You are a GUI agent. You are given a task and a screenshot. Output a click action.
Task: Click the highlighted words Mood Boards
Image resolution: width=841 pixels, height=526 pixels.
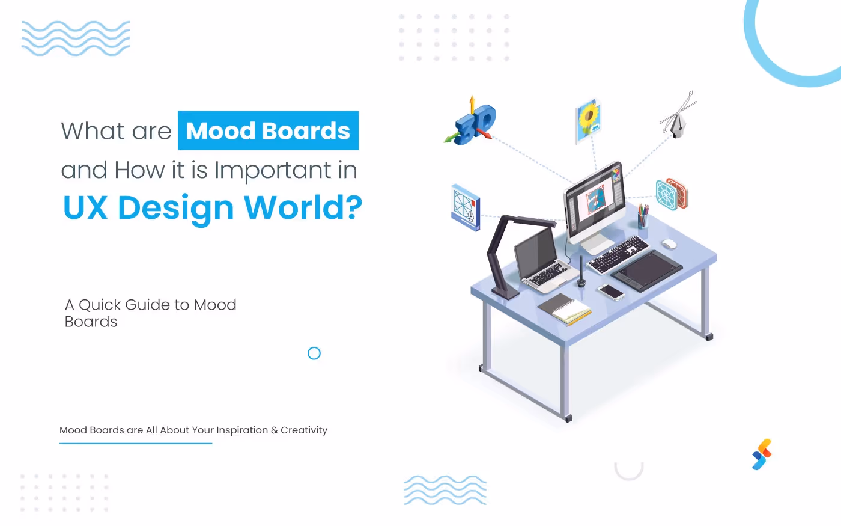pos(268,131)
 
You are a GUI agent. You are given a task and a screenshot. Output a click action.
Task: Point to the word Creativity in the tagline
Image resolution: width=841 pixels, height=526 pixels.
pos(304,430)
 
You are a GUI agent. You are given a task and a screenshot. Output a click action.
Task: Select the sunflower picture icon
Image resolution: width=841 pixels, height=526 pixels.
pos(588,120)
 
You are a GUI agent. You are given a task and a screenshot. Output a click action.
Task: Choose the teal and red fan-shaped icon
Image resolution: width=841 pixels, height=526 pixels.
pos(671,194)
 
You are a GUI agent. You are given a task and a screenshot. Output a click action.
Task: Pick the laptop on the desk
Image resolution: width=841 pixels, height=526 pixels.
pos(541,258)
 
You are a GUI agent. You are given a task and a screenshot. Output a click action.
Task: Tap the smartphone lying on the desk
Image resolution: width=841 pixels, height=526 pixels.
pos(611,292)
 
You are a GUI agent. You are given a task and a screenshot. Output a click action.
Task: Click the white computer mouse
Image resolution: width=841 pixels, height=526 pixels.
pos(669,243)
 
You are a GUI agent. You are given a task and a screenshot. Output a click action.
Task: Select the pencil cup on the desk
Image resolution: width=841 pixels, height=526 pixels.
pos(643,218)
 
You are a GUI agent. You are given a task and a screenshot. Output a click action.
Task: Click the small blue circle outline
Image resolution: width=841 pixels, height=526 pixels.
pos(314,353)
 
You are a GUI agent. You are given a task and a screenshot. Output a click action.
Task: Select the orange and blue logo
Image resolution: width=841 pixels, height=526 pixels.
pos(762,454)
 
